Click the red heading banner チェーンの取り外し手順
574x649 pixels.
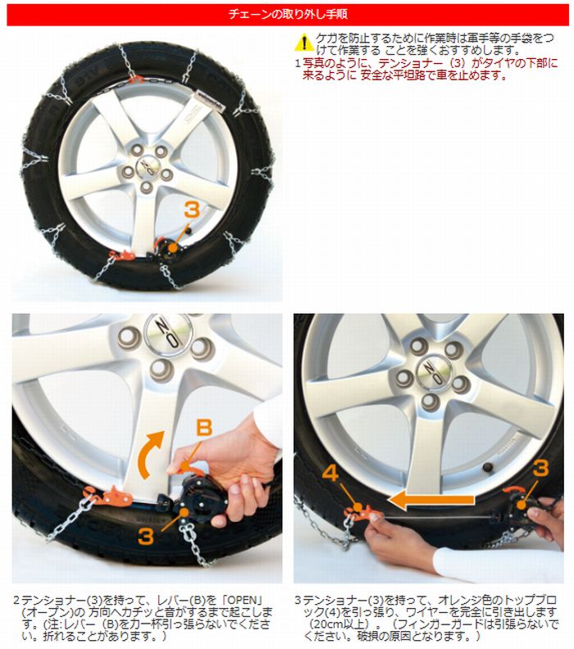point(286,14)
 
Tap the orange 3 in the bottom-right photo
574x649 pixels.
point(540,467)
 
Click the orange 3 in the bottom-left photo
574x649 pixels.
point(146,538)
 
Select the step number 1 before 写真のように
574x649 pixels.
point(297,62)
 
